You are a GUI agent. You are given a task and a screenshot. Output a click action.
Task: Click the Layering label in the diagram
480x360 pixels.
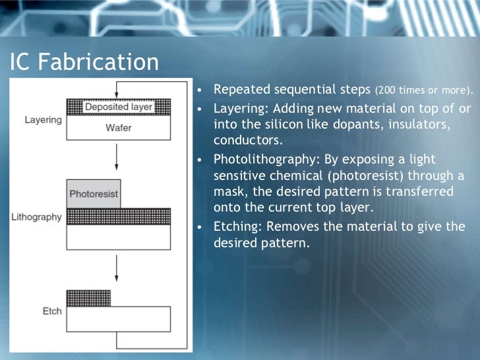[44, 120]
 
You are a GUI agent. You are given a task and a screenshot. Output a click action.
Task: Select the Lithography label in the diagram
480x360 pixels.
[36, 217]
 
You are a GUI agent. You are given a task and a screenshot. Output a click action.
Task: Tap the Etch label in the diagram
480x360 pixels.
[52, 311]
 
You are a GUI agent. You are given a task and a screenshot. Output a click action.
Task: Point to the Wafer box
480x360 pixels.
[119, 128]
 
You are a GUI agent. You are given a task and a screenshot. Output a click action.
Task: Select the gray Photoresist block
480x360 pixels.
[94, 194]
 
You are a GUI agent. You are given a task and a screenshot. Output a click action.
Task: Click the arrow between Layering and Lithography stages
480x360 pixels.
[116, 157]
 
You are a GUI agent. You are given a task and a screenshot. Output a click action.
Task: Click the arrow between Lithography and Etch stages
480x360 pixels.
[116, 267]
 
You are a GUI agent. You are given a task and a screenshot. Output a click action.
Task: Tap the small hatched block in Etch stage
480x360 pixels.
[88, 298]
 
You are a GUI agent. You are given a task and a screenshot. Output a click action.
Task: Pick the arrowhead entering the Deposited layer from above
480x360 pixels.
[116, 96]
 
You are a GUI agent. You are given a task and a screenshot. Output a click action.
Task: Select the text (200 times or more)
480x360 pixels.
[425, 90]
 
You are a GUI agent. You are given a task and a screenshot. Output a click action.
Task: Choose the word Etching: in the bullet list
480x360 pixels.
[238, 227]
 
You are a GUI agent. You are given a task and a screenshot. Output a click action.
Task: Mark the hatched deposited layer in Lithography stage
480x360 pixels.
[119, 216]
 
